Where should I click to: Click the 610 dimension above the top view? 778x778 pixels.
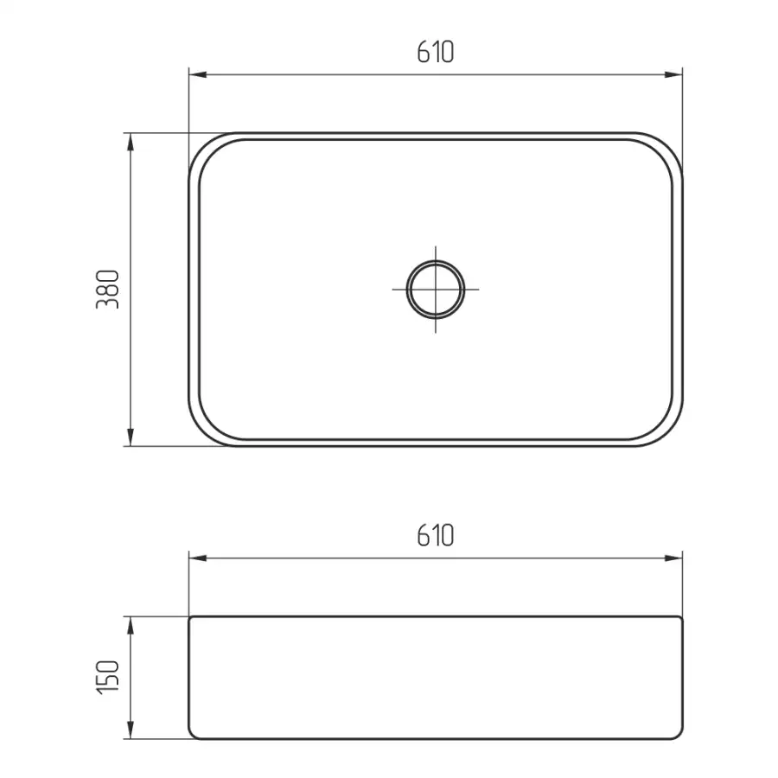(x=435, y=52)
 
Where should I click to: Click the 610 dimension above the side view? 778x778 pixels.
(x=435, y=535)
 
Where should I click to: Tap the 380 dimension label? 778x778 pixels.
(x=108, y=290)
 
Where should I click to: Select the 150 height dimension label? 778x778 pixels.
(x=108, y=677)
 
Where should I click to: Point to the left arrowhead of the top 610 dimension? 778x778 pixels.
(x=197, y=75)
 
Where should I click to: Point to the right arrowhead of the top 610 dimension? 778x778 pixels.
(x=673, y=75)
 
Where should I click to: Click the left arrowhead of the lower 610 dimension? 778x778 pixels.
(x=197, y=558)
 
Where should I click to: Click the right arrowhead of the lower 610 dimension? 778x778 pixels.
(x=673, y=558)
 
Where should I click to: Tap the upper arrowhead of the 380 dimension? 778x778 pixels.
(x=131, y=142)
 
